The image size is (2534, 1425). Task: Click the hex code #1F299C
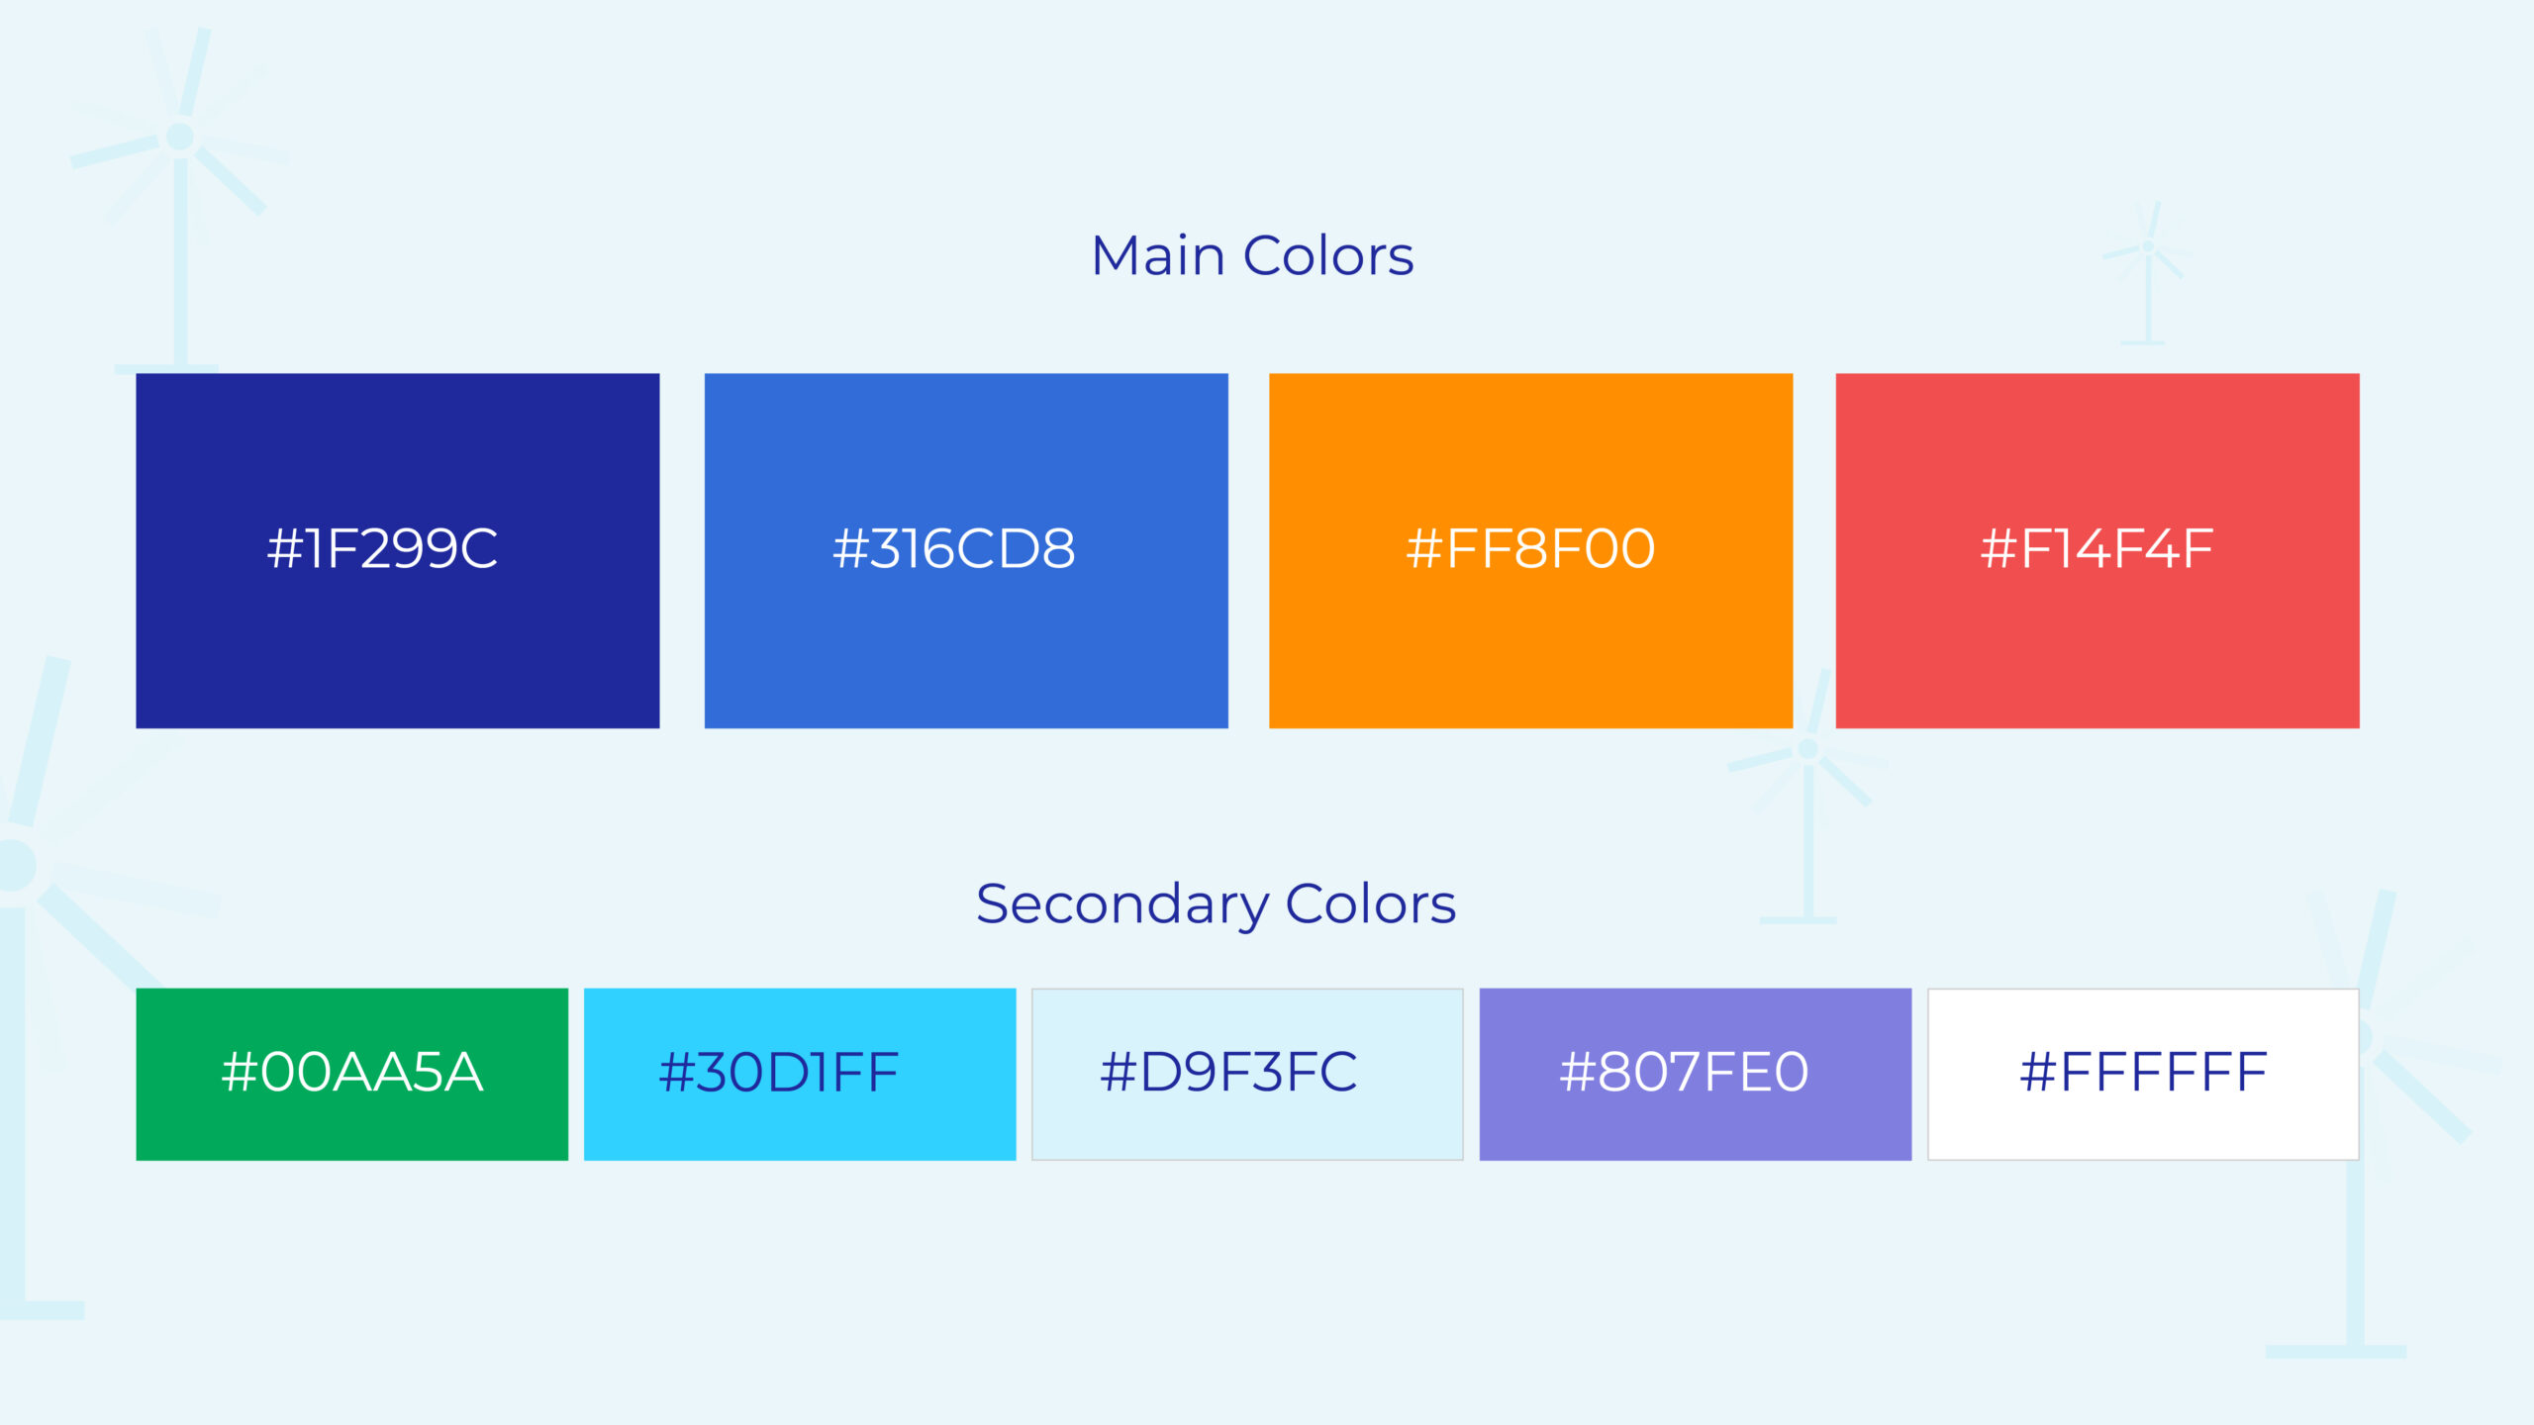(x=382, y=549)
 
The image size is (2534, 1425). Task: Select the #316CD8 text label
(x=954, y=549)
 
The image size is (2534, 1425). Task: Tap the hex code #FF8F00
(x=1530, y=549)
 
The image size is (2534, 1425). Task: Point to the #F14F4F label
(x=2096, y=549)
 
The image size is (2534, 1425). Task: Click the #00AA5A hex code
(x=352, y=1073)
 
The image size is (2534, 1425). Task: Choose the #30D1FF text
(x=779, y=1073)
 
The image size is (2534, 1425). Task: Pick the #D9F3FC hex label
(x=1228, y=1073)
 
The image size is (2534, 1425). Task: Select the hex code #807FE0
(x=1684, y=1073)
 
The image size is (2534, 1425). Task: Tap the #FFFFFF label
(x=2143, y=1073)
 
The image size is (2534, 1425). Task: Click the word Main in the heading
(x=1158, y=255)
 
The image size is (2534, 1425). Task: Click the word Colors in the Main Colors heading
(x=1328, y=256)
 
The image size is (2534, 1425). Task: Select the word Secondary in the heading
(x=1122, y=905)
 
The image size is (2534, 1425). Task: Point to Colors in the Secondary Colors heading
(x=1371, y=904)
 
